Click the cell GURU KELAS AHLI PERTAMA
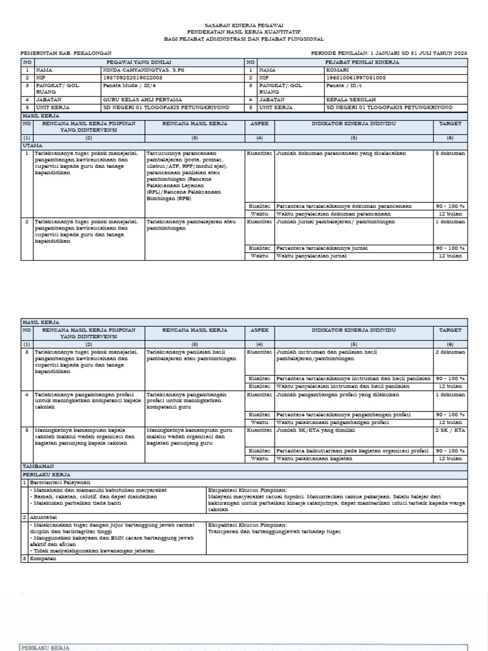(142, 100)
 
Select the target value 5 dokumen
(450, 153)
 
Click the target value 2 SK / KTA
(450, 430)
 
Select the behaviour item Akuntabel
(42, 517)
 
